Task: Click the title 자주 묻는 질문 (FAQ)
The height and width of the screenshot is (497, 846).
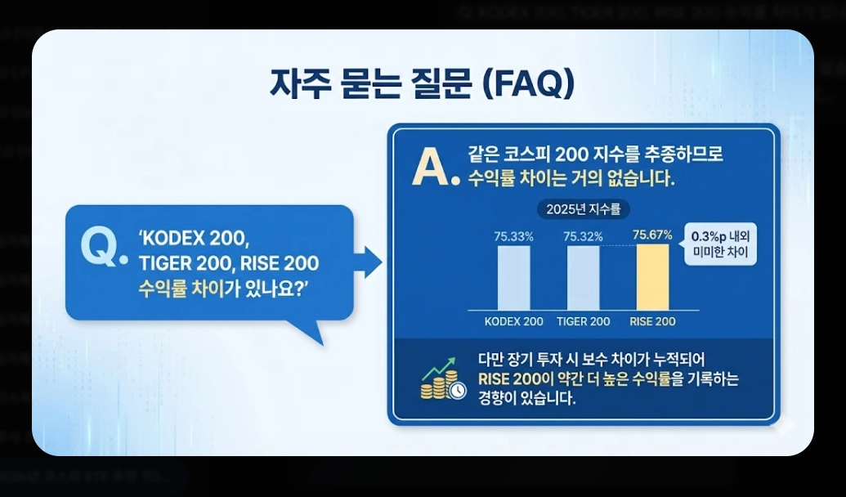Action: click(x=422, y=84)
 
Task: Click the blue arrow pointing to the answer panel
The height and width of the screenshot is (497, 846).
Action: click(x=370, y=262)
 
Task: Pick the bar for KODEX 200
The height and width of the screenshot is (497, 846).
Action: click(x=513, y=278)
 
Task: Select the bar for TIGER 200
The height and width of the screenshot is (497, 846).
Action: click(x=583, y=278)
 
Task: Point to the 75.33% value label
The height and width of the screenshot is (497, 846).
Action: click(x=513, y=236)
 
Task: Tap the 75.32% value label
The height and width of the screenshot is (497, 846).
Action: click(x=583, y=236)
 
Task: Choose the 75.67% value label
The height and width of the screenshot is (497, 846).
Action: click(x=652, y=235)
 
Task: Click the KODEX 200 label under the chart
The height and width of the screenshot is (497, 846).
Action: click(x=513, y=321)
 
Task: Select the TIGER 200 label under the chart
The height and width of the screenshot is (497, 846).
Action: click(x=583, y=321)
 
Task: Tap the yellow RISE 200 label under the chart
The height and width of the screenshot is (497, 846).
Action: click(x=652, y=321)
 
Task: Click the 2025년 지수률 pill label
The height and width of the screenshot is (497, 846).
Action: click(x=583, y=209)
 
